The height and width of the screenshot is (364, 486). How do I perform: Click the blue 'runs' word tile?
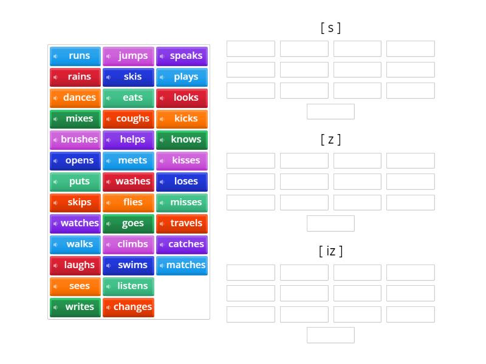pos(75,56)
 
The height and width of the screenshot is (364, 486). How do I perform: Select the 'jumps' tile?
pos(128,56)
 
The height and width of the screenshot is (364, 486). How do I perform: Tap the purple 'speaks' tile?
pos(182,56)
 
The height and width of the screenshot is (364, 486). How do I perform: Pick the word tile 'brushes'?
pos(75,140)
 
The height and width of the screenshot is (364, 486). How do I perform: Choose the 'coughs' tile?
pos(128,119)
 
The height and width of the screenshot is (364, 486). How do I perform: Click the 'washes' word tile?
pos(128,181)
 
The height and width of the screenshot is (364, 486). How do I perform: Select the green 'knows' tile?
pos(182,140)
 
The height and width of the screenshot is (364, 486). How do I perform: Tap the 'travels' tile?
pos(182,223)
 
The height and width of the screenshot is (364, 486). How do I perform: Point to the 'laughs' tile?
pos(75,265)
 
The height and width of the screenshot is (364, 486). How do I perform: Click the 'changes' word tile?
pos(128,307)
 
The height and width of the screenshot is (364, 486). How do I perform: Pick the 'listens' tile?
pos(128,286)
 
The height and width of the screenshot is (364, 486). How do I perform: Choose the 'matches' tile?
pos(182,265)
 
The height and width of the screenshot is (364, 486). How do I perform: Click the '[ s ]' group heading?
pos(330,27)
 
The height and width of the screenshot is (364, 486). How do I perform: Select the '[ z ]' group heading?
pos(330,140)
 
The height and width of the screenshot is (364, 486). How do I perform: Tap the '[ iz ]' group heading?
pos(330,251)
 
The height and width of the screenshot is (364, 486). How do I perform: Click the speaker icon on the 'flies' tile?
pos(109,203)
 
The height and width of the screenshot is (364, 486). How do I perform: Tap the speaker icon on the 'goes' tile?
pos(109,224)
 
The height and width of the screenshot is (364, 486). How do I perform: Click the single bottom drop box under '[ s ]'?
pos(330,112)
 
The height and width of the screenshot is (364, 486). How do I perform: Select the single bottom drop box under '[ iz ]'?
pos(330,335)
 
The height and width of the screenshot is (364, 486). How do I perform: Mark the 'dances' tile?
pos(75,98)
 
